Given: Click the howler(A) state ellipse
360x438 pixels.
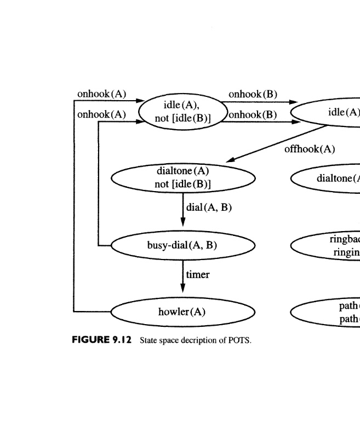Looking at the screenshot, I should tap(183, 312).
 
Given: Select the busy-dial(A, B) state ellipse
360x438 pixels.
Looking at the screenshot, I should tap(183, 245).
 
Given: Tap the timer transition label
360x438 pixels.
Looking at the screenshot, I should tap(198, 274).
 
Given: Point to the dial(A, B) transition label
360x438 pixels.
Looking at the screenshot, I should tap(209, 208).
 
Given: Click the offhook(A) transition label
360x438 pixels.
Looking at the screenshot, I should tap(310, 149).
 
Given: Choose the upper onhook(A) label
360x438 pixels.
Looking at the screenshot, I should tap(102, 94).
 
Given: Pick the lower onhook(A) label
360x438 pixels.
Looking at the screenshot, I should tap(102, 114).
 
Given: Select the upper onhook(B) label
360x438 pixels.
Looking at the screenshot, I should tap(253, 94).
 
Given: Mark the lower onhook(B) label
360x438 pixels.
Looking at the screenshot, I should tap(253, 114).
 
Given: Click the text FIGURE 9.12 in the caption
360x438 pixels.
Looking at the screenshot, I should tap(102, 340).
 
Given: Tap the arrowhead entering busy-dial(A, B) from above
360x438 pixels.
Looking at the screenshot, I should tap(183, 229).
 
